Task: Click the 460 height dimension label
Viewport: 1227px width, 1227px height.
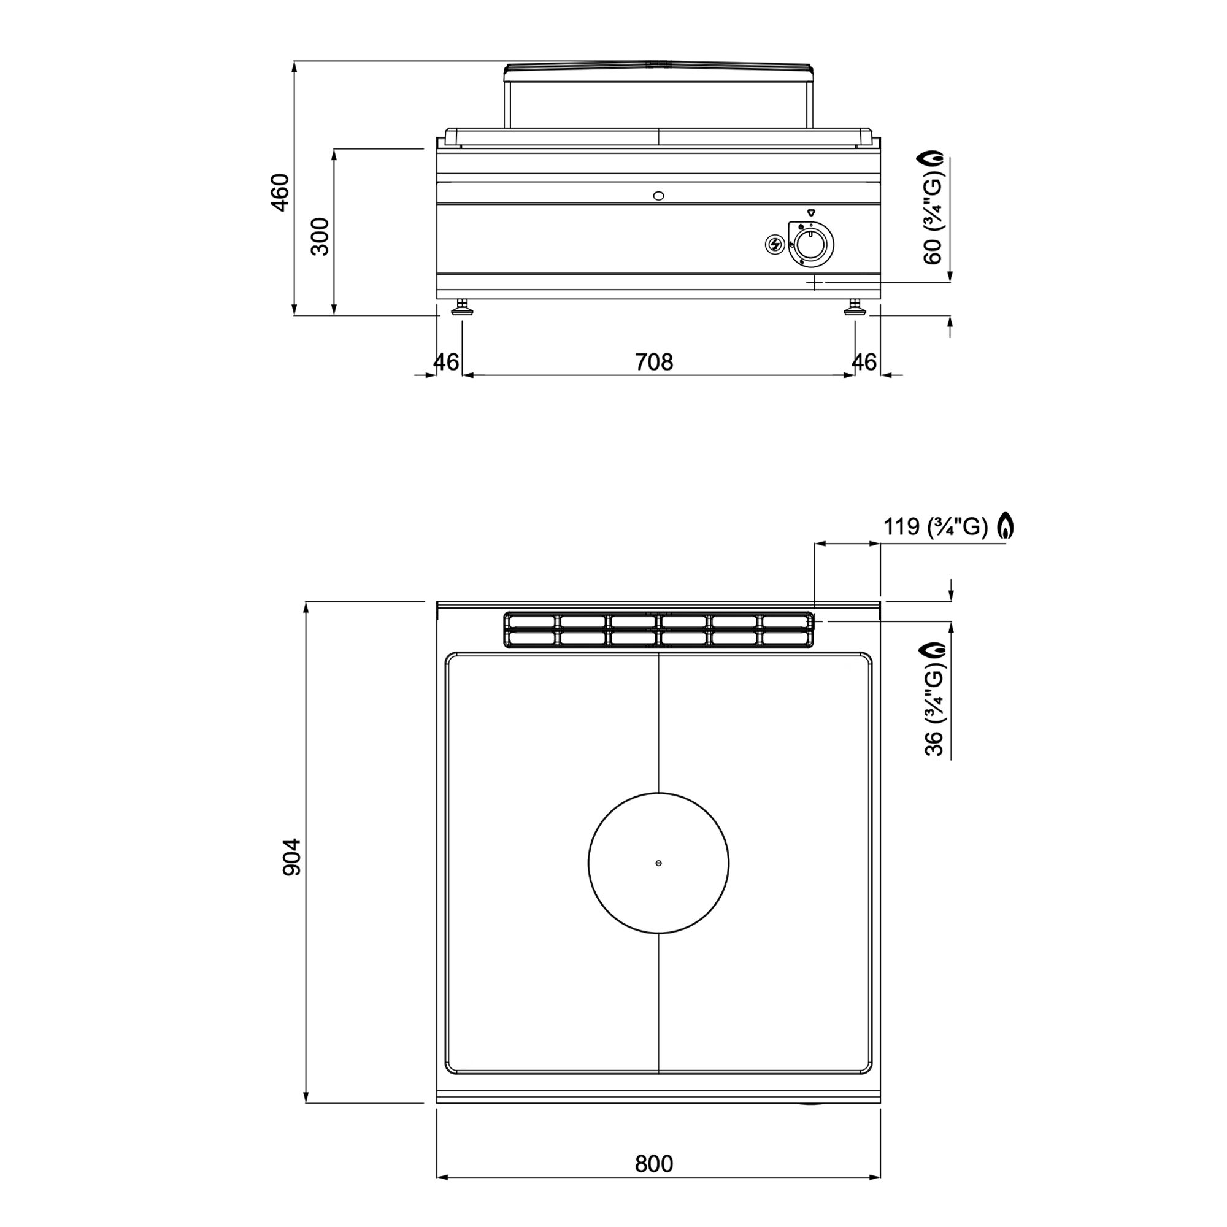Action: click(x=280, y=192)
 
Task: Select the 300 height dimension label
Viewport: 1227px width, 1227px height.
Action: click(x=320, y=236)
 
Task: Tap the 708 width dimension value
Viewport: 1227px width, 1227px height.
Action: click(x=653, y=362)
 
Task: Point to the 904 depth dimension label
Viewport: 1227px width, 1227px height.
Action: click(x=291, y=858)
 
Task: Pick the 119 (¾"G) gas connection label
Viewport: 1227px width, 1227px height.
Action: click(x=936, y=526)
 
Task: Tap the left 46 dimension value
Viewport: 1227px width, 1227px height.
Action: click(x=446, y=362)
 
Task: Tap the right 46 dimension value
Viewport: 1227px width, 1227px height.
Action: click(x=864, y=362)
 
